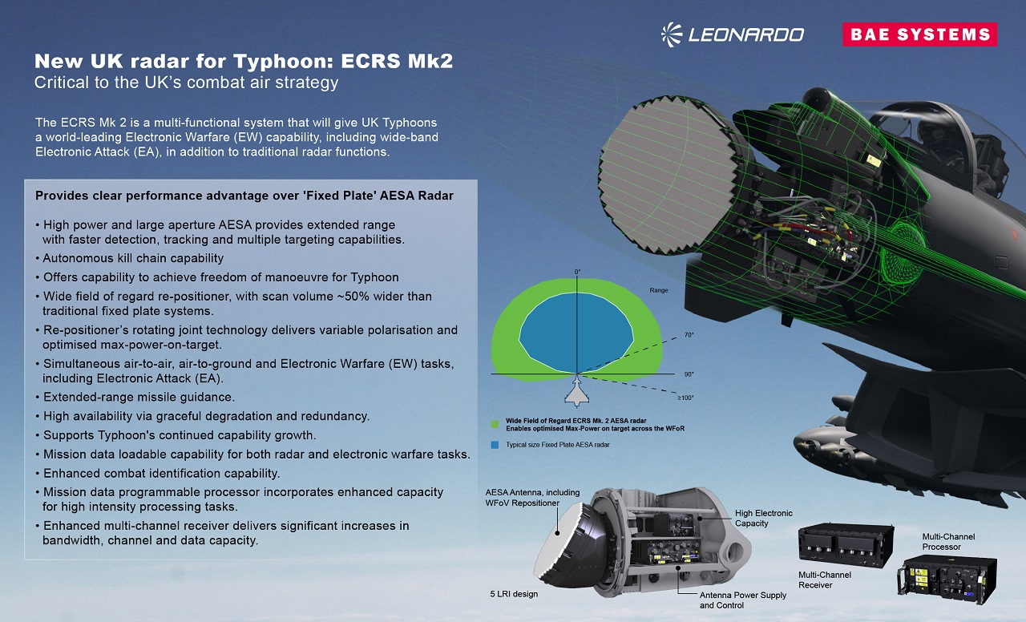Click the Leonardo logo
732,34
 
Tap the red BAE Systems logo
919,34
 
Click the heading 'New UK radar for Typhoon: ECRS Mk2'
244,62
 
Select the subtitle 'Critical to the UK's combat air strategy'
186,83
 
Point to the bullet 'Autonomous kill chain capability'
133,258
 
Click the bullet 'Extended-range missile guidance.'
139,398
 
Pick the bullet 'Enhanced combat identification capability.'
161,473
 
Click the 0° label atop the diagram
576,273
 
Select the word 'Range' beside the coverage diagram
659,290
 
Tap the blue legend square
496,444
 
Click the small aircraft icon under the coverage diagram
576,394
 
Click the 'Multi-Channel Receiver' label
825,580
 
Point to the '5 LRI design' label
514,594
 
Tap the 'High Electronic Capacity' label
763,518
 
